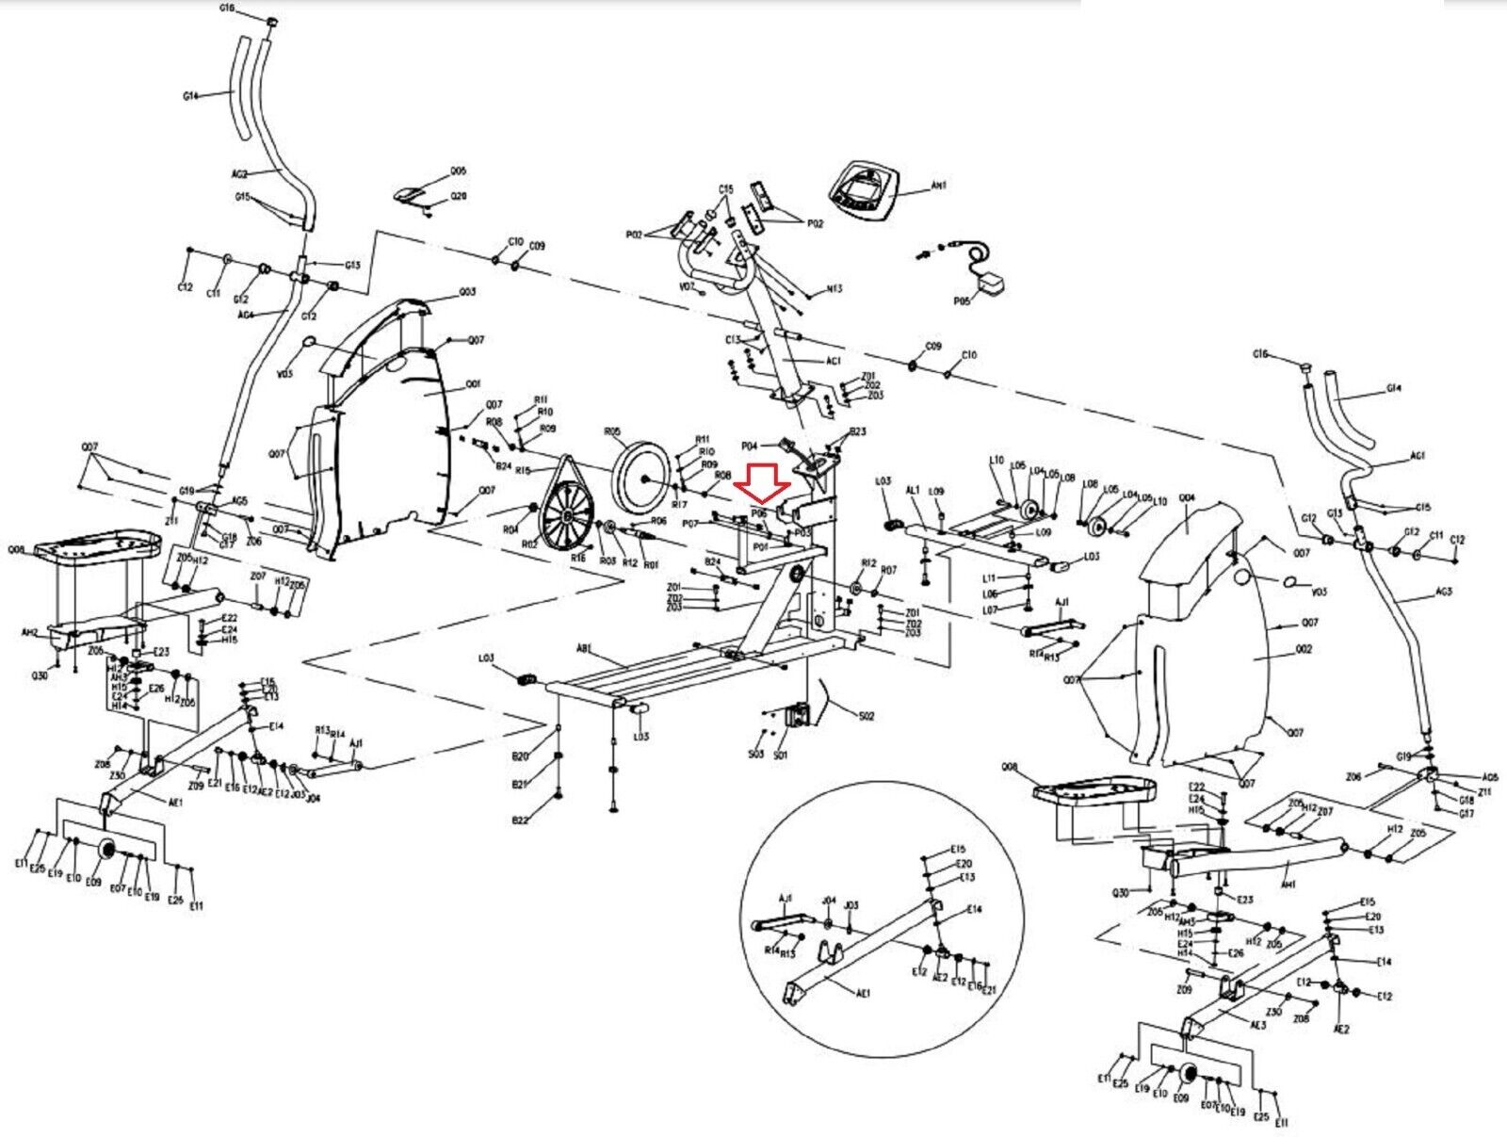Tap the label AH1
coord(938,187)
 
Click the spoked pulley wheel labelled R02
coord(566,517)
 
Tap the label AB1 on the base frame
coord(584,648)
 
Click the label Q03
coord(467,292)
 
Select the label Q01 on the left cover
coord(473,384)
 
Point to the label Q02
coord(1304,650)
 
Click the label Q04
coord(1187,496)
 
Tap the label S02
coord(867,716)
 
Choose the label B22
coord(520,820)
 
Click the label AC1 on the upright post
coord(833,361)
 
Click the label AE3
coord(1258,1025)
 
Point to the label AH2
coord(29,633)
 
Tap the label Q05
coord(458,171)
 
